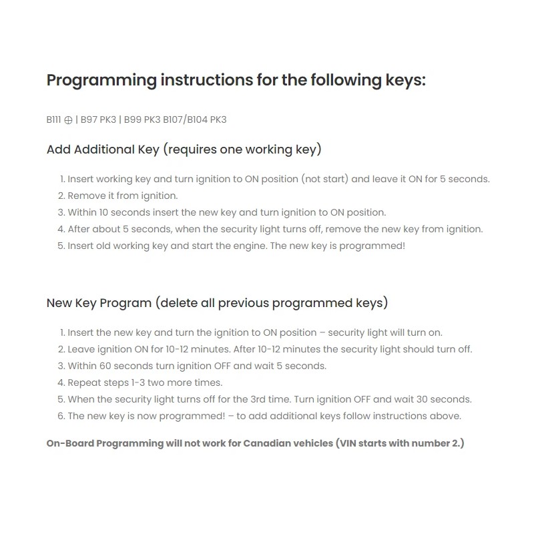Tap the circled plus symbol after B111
pyautogui.click(x=68, y=120)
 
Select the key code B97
pyautogui.click(x=89, y=120)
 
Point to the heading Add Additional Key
pyautogui.click(x=103, y=150)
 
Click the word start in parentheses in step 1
pyautogui.click(x=333, y=179)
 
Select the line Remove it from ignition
pyautogui.click(x=123, y=196)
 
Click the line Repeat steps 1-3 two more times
pyautogui.click(x=145, y=382)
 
